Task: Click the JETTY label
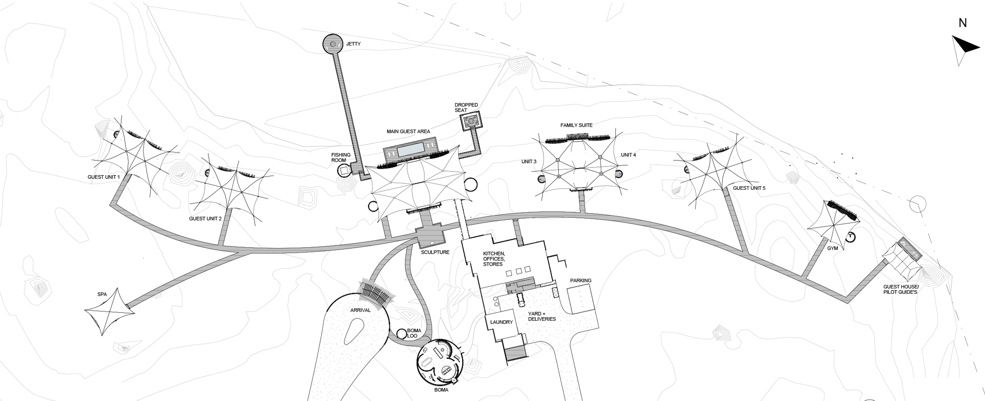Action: [353, 44]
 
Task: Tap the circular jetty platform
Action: [333, 44]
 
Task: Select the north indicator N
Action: [962, 23]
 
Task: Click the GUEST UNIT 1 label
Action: [104, 177]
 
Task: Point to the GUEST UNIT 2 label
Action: [205, 219]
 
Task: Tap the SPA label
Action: [102, 295]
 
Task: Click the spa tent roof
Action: [109, 312]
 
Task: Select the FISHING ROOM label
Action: [341, 158]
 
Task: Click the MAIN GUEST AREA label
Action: [408, 131]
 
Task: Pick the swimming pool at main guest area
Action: [411, 149]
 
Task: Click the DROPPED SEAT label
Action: [466, 107]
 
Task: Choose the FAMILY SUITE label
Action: [576, 125]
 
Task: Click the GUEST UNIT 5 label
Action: [749, 188]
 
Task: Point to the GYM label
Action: [832, 248]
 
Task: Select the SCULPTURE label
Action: [435, 252]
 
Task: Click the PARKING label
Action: [581, 280]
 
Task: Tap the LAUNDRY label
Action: [501, 322]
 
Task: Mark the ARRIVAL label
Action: [360, 310]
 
